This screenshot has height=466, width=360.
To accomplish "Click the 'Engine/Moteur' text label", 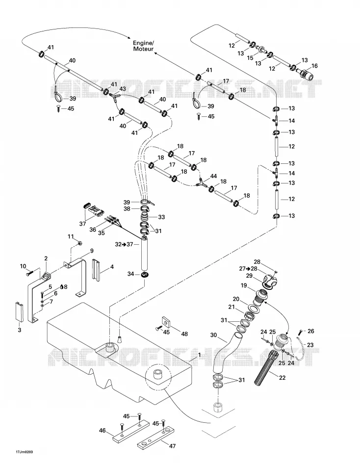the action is click(x=143, y=46).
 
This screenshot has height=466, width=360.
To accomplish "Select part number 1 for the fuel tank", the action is click(x=200, y=355).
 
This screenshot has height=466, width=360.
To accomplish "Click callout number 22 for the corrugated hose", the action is click(x=282, y=377).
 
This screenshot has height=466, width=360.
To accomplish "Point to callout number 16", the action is click(x=314, y=66).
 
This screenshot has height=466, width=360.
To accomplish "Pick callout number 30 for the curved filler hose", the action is click(x=214, y=335).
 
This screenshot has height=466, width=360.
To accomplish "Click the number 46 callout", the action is click(x=103, y=430).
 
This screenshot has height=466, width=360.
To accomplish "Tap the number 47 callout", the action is click(x=172, y=446).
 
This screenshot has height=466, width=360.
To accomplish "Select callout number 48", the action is click(x=184, y=334).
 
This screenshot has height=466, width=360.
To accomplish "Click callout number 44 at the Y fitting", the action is click(x=213, y=176).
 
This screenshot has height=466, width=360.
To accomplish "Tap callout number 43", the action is click(x=123, y=89).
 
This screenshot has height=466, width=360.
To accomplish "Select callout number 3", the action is click(x=20, y=330).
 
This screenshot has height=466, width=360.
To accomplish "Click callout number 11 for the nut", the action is click(x=71, y=236).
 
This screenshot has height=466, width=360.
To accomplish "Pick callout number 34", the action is click(x=131, y=274).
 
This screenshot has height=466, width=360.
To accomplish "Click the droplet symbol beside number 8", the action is click(x=61, y=286).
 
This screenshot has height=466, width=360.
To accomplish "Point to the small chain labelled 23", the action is click(x=301, y=348).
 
